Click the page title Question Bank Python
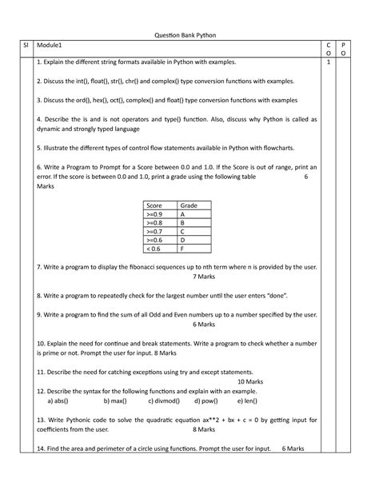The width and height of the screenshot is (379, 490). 189,35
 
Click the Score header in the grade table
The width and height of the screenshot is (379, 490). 154,205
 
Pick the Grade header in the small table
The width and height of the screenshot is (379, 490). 189,205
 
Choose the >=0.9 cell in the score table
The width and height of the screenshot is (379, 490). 154,214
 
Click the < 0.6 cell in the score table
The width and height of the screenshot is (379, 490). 153,248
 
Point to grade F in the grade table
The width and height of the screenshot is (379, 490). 182,248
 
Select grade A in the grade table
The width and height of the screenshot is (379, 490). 183,214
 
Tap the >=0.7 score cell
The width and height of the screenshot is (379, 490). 154,231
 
